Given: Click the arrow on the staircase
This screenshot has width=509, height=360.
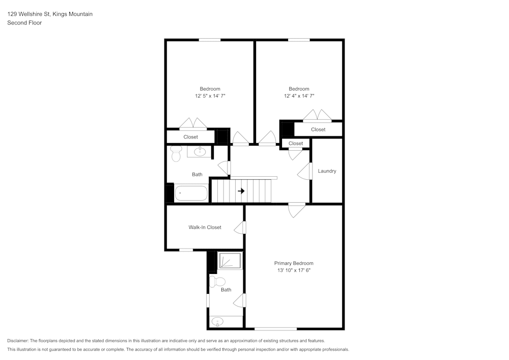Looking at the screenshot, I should click(242, 191).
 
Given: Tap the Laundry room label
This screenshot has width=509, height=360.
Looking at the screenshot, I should click(327, 171).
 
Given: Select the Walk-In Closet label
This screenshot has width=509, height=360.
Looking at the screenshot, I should click(205, 228).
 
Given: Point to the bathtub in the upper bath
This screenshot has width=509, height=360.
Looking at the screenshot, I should click(191, 193).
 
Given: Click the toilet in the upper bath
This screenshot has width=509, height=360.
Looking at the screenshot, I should click(176, 154).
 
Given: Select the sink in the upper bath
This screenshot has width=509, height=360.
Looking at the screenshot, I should click(201, 151).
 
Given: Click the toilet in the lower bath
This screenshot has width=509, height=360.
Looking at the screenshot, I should click(218, 282).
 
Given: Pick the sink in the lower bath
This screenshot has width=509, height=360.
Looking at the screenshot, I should click(218, 322).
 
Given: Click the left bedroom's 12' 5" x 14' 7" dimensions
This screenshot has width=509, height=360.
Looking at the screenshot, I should click(210, 96).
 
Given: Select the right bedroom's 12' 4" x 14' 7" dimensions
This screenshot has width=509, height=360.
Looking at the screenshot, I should click(299, 96).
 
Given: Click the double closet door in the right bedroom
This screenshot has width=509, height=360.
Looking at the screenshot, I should click(317, 117).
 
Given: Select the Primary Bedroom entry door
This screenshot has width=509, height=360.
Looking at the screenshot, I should click(296, 209).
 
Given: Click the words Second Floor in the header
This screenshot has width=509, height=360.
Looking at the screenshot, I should click(24, 23).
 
